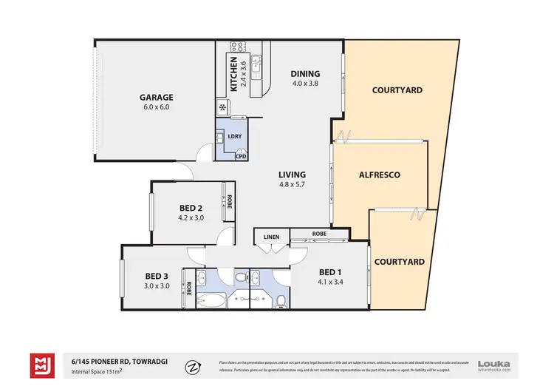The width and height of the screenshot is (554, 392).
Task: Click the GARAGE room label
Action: click(157, 97)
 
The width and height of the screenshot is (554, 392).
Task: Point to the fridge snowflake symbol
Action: click(223, 108)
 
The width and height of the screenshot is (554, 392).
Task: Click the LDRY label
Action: click(235, 136)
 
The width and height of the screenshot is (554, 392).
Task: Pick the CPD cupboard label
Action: click(241, 156)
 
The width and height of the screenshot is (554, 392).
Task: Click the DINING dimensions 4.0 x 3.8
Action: click(305, 84)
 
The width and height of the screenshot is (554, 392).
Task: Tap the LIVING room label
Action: click(292, 175)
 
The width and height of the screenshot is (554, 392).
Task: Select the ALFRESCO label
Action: click(379, 175)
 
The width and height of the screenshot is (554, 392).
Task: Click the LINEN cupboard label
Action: click(270, 236)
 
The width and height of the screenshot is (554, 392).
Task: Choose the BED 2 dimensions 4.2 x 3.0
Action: click(191, 218)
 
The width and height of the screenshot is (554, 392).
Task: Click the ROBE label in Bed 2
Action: click(229, 202)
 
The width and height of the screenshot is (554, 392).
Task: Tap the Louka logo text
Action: click(494, 362)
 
